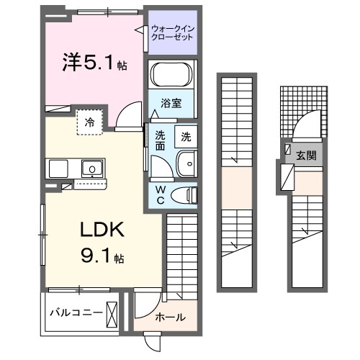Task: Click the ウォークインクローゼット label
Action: click(x=172, y=33)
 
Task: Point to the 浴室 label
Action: click(x=171, y=103)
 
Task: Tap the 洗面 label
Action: click(x=161, y=140)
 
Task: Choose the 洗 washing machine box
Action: click(x=186, y=136)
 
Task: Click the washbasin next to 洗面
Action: click(x=186, y=163)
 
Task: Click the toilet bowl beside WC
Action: click(x=186, y=193)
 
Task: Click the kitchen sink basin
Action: click(x=91, y=170)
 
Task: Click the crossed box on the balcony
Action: click(x=113, y=312)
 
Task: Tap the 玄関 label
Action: click(x=305, y=154)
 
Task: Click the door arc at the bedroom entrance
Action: click(x=130, y=114)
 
